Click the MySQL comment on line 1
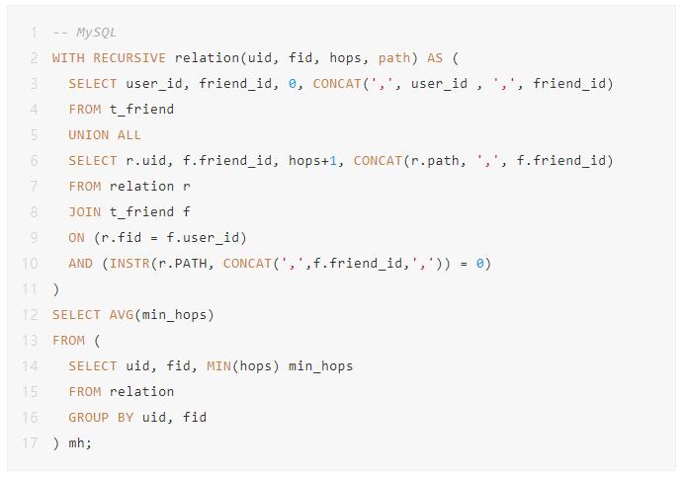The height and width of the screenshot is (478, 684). [x=84, y=33]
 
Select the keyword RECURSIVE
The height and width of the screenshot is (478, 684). [x=129, y=58]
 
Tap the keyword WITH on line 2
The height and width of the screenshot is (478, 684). [x=68, y=58]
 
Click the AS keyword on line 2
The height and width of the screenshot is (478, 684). [x=435, y=58]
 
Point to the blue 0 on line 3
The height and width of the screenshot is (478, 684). [x=293, y=84]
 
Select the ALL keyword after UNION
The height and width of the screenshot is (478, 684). [x=129, y=135]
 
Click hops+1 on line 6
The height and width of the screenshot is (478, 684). [x=312, y=161]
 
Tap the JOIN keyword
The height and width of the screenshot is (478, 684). [x=85, y=212]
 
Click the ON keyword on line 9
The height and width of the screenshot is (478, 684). [x=76, y=238]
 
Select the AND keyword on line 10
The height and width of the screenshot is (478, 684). [x=81, y=264]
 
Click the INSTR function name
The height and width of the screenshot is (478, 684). [x=129, y=264]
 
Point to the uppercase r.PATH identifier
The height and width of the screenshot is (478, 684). [x=182, y=264]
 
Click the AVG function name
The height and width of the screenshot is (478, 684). [x=122, y=315]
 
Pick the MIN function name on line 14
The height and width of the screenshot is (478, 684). [x=218, y=366]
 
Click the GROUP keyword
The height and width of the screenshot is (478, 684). [x=89, y=418]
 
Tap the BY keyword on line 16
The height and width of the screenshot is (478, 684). [x=126, y=418]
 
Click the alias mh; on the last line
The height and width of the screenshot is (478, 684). [x=80, y=443]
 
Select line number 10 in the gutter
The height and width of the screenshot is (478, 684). [x=30, y=264]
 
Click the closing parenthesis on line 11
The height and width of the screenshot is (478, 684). [x=55, y=289]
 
